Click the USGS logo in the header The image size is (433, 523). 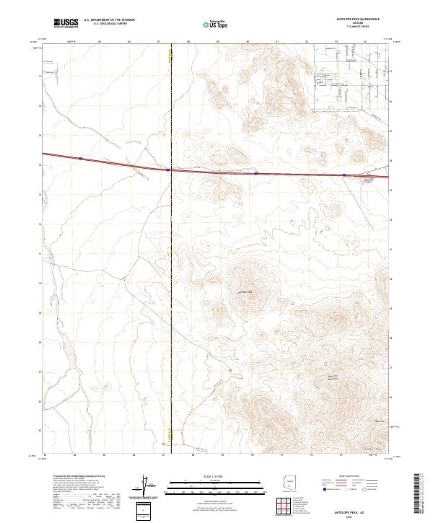[x=65, y=23]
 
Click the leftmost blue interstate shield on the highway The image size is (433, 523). [x=81, y=159]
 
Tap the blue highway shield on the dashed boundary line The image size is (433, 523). [x=168, y=170]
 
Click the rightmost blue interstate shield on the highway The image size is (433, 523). [x=344, y=175]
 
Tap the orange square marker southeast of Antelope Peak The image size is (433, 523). [x=231, y=371]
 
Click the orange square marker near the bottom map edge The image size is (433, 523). [x=173, y=435]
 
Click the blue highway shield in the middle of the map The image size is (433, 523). [x=255, y=173]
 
